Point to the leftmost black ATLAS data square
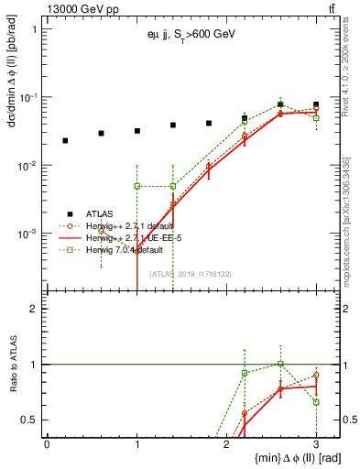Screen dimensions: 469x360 (x=65, y=140)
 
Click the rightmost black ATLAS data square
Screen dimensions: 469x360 (x=316, y=104)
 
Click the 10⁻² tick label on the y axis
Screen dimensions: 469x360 (x=28, y=166)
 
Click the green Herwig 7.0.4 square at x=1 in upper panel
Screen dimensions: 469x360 (x=136, y=186)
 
